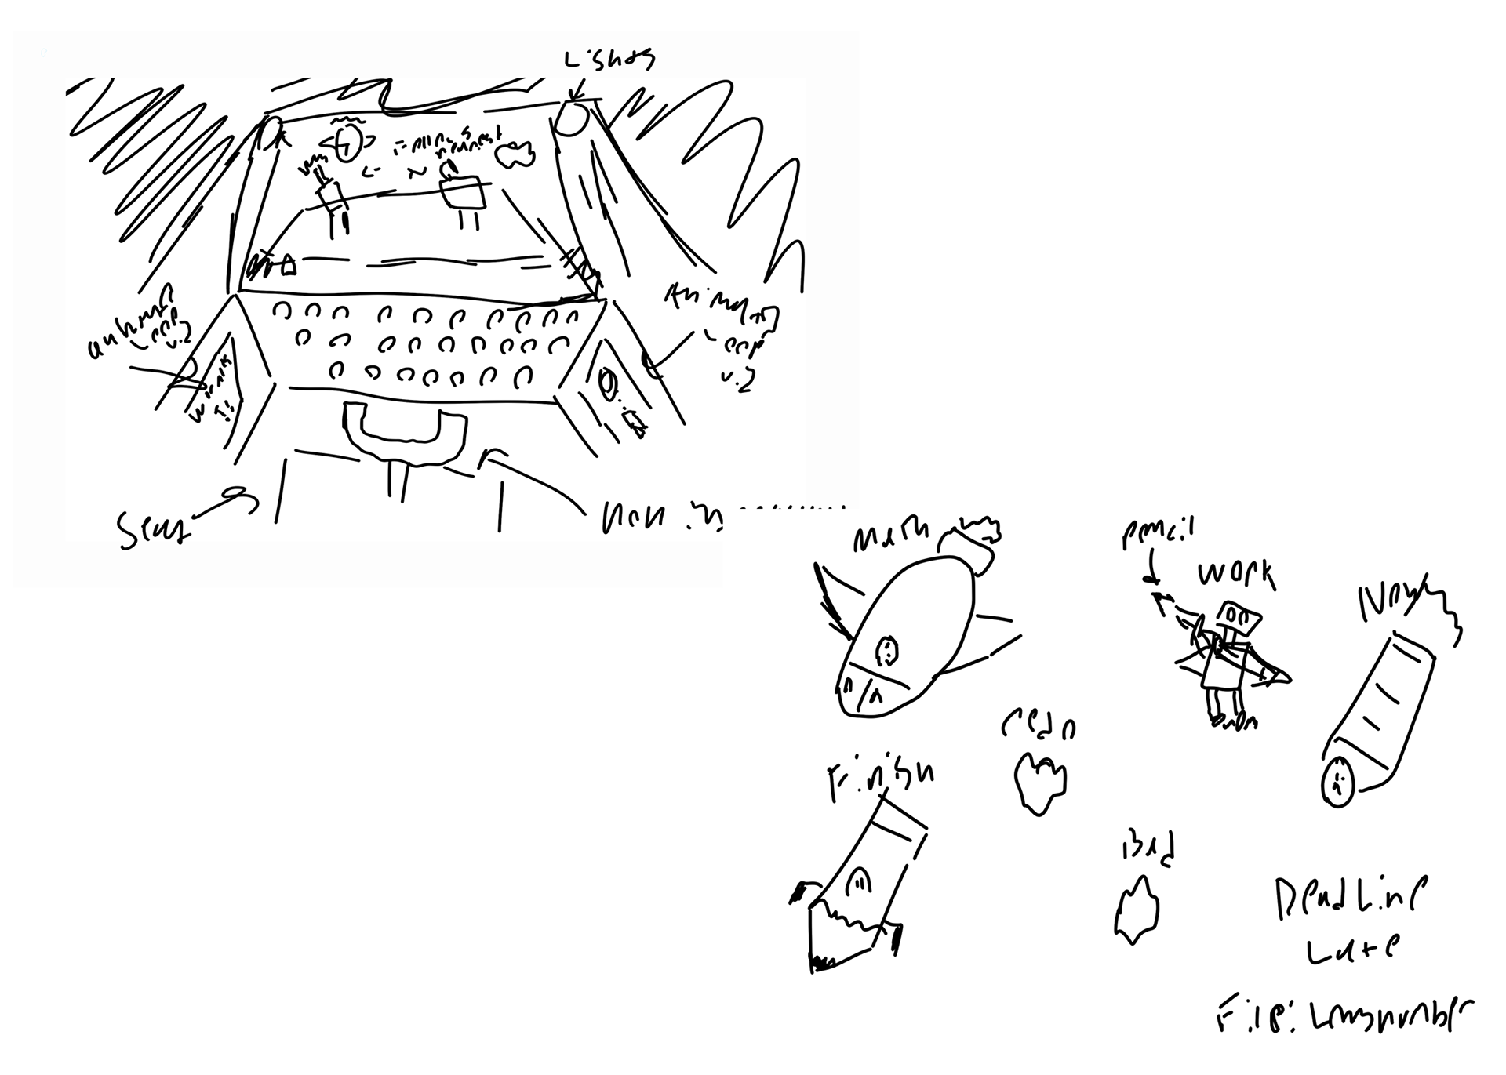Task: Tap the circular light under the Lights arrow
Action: pyautogui.click(x=574, y=119)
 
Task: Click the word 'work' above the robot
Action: pyautogui.click(x=1235, y=575)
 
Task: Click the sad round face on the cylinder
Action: pyautogui.click(x=1337, y=781)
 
